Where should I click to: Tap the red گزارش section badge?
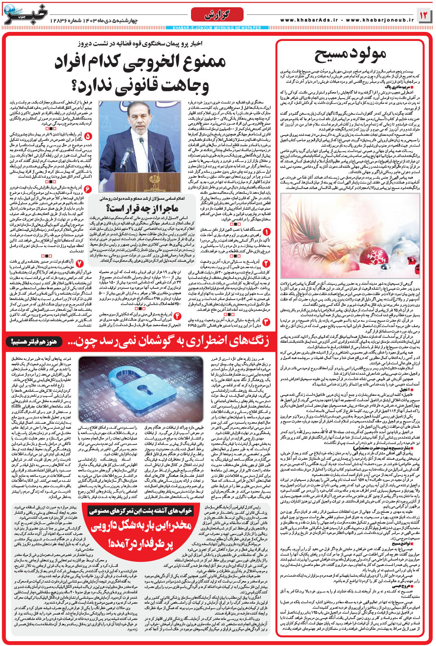point(217,15)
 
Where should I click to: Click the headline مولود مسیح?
point(350,54)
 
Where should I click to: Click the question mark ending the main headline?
point(85,85)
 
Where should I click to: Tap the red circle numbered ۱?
point(266,232)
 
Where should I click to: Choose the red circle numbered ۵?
point(88,135)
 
